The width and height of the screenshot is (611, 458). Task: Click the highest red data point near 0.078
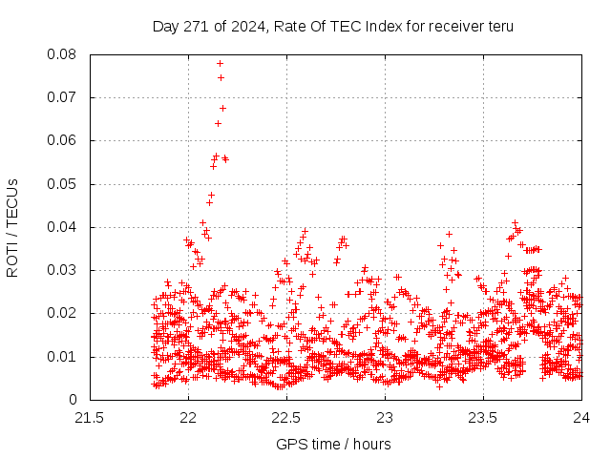[x=220, y=63]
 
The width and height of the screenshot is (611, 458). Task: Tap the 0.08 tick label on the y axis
[x=62, y=54]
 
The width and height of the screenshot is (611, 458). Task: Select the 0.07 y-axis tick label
[x=62, y=97]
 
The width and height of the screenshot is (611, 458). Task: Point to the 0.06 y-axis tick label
[x=62, y=140]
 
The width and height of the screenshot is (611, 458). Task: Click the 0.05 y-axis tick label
[x=62, y=184]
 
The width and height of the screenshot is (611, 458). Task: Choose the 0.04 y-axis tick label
[x=62, y=227]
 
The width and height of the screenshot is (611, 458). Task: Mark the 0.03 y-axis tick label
[x=62, y=270]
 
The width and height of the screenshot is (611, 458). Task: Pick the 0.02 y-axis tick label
[x=62, y=313]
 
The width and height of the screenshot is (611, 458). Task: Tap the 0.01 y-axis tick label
[x=62, y=357]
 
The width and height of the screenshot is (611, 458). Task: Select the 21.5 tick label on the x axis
[x=90, y=418]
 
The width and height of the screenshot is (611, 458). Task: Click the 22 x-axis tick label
[x=188, y=418]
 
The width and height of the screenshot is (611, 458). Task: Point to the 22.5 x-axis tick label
[x=286, y=418]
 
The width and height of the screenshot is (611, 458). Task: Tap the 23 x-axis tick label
[x=385, y=418]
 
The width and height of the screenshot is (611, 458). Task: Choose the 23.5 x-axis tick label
[x=483, y=418]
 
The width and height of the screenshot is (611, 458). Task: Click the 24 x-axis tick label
[x=581, y=418]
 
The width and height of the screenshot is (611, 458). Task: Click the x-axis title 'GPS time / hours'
[x=333, y=444]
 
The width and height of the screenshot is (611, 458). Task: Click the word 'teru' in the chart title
[x=499, y=26]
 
